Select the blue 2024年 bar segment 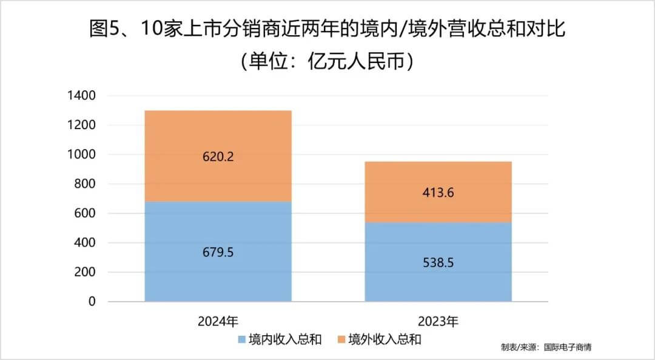coord(218,273)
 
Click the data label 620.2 coord(218,156)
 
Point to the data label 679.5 coord(218,252)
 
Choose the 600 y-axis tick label coord(84,213)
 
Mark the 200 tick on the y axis coord(84,272)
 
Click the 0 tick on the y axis coord(92,301)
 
